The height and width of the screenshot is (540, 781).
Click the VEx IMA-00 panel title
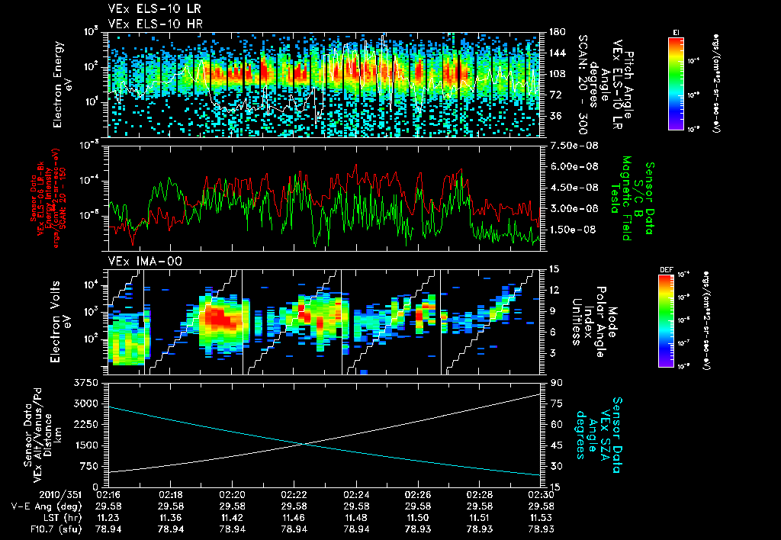coord(140,262)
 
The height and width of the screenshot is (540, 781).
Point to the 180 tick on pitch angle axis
coord(556,32)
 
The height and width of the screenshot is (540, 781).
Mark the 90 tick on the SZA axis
coord(554,382)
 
